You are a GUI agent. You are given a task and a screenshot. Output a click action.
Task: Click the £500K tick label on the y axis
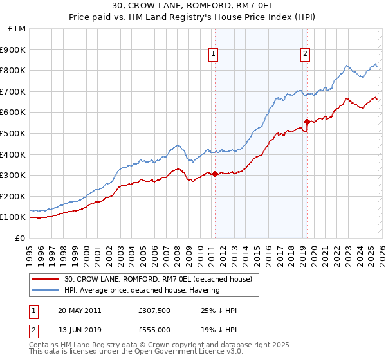(x=13, y=133)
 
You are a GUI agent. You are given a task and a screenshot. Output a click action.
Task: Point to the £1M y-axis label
(x=17, y=28)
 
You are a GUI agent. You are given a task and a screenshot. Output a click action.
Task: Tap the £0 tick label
(x=21, y=238)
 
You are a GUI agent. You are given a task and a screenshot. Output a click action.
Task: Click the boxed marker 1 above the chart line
(x=213, y=55)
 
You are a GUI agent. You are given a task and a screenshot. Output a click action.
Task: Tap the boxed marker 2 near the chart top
(x=304, y=55)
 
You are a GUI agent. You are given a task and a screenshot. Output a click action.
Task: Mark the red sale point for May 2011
(x=215, y=174)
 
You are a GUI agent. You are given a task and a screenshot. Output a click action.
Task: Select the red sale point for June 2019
(x=307, y=122)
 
